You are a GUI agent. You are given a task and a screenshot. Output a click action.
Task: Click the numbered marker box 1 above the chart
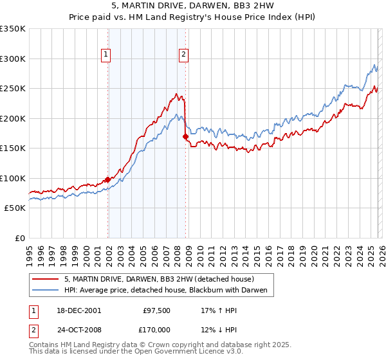[106, 55]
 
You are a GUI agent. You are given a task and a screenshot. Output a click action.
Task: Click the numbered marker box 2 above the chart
[183, 55]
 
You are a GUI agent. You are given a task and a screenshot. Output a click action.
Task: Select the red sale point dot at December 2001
[107, 180]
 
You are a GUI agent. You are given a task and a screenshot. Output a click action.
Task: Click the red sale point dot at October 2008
[185, 136]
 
